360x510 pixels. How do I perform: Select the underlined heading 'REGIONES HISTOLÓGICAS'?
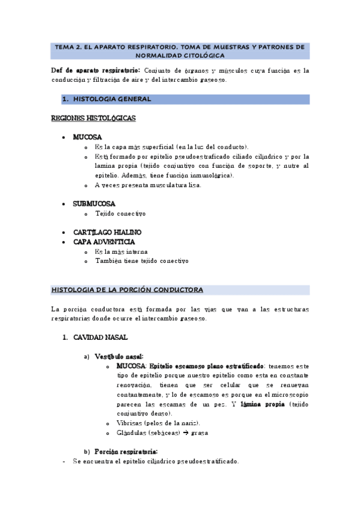tap(94, 118)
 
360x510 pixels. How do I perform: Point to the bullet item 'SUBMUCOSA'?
tap(94, 204)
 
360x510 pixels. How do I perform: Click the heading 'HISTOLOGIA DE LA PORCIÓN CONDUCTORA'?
tap(127, 290)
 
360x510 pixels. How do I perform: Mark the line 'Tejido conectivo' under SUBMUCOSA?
tap(120, 214)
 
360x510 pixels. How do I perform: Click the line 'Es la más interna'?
tap(121, 251)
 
